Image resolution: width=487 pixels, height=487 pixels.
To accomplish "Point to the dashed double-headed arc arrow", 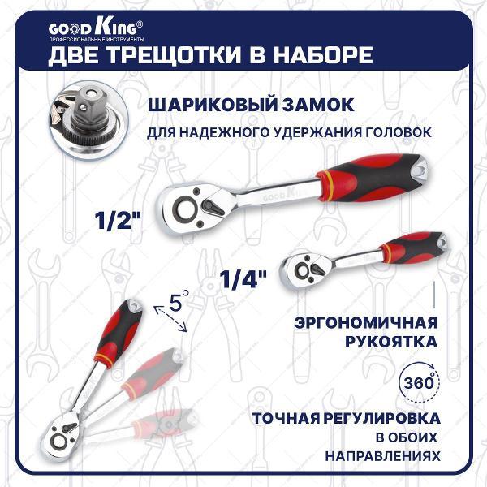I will click(x=170, y=321).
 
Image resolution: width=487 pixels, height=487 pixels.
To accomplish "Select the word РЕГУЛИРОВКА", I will click(x=383, y=419).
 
